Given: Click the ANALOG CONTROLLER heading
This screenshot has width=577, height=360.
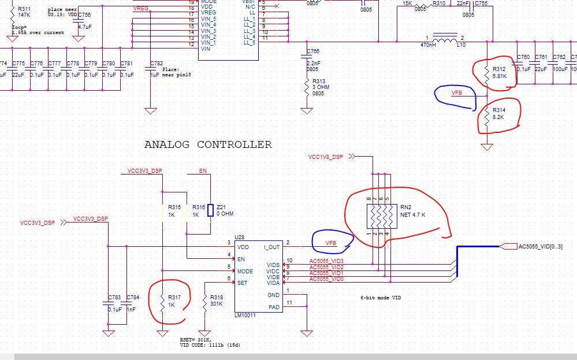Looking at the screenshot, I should [x=207, y=144].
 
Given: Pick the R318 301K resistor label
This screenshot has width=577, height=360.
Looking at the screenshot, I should [x=217, y=300].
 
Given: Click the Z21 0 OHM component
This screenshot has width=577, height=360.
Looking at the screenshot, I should [x=211, y=210].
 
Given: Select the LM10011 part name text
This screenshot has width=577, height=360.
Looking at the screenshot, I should [x=245, y=316].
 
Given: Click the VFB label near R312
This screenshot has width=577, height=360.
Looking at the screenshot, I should [x=457, y=92].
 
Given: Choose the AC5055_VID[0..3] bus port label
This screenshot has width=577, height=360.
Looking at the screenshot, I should [x=540, y=247].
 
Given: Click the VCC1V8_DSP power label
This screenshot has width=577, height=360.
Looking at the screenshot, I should [x=326, y=157].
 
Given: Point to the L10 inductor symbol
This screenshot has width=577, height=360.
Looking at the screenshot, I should [x=444, y=40].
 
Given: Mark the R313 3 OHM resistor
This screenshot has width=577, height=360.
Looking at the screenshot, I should [x=307, y=87].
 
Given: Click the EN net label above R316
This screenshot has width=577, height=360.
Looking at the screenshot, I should [x=203, y=171].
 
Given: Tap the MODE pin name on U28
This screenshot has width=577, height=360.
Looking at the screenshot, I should [x=245, y=271].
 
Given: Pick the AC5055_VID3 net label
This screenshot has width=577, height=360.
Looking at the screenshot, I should [x=326, y=261].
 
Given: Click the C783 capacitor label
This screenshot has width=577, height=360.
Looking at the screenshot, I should [x=114, y=298].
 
